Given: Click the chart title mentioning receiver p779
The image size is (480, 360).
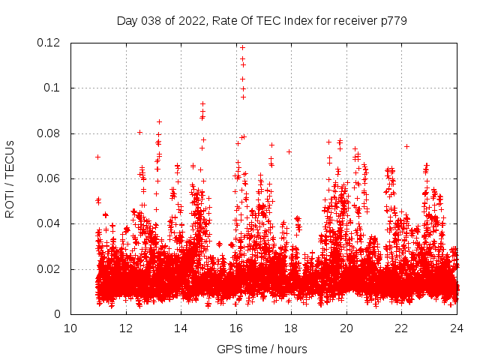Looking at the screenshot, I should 262,21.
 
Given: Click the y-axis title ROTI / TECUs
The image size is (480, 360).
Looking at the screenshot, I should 10,178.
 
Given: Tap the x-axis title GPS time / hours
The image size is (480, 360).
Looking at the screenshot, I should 262,349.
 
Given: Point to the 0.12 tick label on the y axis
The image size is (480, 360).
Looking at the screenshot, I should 50,43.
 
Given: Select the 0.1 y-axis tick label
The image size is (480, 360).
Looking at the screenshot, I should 55,88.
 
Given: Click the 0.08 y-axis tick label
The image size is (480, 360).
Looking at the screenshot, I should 50,133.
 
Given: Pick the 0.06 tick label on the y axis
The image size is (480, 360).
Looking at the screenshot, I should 50,178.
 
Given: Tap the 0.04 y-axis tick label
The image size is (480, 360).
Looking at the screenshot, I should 50,223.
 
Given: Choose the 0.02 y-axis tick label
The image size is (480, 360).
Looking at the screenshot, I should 50,269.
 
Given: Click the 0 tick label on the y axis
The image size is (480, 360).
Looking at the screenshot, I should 61,314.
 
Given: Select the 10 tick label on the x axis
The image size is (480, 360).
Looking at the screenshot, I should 70,328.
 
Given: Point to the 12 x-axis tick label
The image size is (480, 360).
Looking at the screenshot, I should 126,328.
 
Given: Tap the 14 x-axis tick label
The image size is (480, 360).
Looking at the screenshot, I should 181,328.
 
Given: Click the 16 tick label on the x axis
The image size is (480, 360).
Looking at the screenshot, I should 236,328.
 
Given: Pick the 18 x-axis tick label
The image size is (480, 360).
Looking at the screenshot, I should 292,328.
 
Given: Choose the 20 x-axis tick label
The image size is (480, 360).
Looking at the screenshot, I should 346,328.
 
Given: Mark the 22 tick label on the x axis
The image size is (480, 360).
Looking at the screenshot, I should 402,328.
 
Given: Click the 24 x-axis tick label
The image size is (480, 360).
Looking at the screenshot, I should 457,328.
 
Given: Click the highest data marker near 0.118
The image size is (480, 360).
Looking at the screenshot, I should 242,47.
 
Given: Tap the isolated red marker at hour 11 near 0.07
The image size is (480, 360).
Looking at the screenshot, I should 98,157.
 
